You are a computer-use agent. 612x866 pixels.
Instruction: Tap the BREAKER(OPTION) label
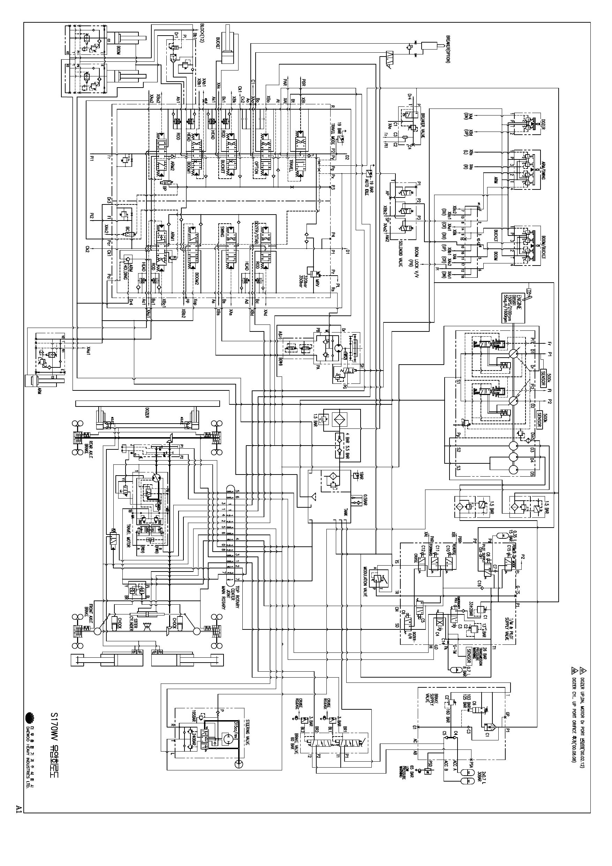click(x=448, y=49)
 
